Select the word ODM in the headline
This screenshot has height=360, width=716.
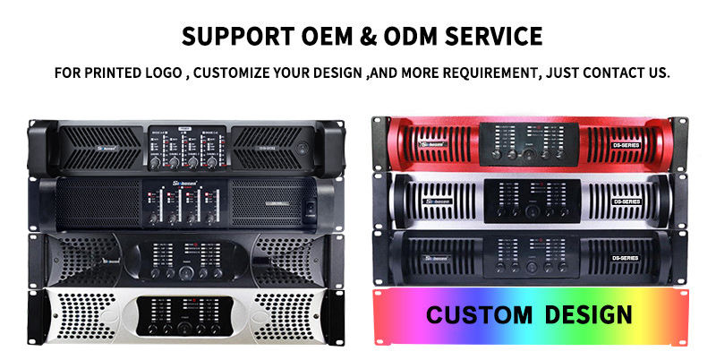point(418,37)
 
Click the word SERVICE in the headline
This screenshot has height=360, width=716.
point(498,37)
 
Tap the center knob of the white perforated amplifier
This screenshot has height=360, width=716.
point(183,328)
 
